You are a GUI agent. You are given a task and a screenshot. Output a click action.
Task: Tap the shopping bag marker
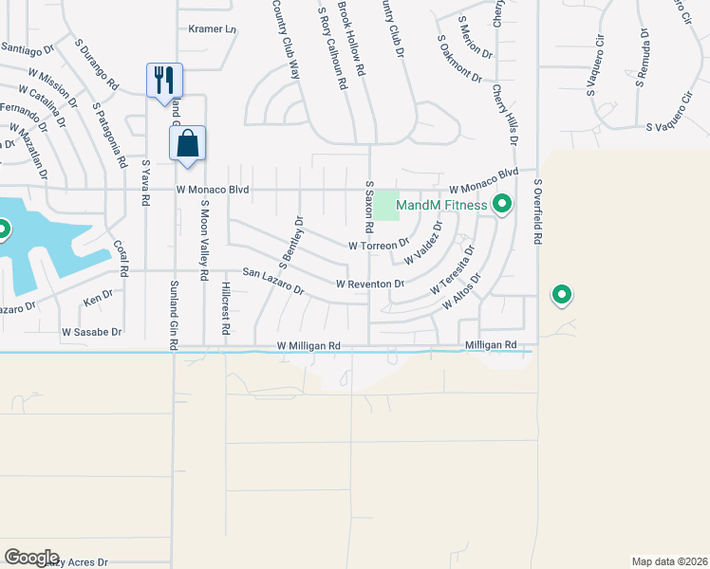[x=188, y=144]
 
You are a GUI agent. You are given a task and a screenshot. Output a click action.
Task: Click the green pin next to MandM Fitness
[x=502, y=204]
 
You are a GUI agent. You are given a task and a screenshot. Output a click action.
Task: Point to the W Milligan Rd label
[x=308, y=347]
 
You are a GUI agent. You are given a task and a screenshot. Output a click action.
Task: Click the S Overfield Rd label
[x=537, y=213]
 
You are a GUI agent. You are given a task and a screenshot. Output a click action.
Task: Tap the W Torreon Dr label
[x=378, y=245]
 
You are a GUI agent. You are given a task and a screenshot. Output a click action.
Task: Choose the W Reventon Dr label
[x=370, y=284]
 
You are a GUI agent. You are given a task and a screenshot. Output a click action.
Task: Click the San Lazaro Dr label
[x=272, y=280]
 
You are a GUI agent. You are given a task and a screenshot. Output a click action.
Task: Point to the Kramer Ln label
[x=212, y=29]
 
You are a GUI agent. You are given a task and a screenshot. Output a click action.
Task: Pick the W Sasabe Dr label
[x=92, y=332]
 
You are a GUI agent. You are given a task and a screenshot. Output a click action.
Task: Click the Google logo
[x=31, y=558]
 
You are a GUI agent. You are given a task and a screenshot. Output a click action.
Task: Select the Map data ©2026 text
[x=669, y=561]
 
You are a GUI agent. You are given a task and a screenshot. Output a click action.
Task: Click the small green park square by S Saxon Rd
[x=385, y=204]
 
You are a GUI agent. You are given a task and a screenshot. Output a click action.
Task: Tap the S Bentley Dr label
[x=290, y=241]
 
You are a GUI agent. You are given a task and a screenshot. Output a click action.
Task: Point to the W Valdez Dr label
[x=423, y=244]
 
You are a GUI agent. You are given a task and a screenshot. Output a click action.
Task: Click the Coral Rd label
[x=121, y=257]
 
